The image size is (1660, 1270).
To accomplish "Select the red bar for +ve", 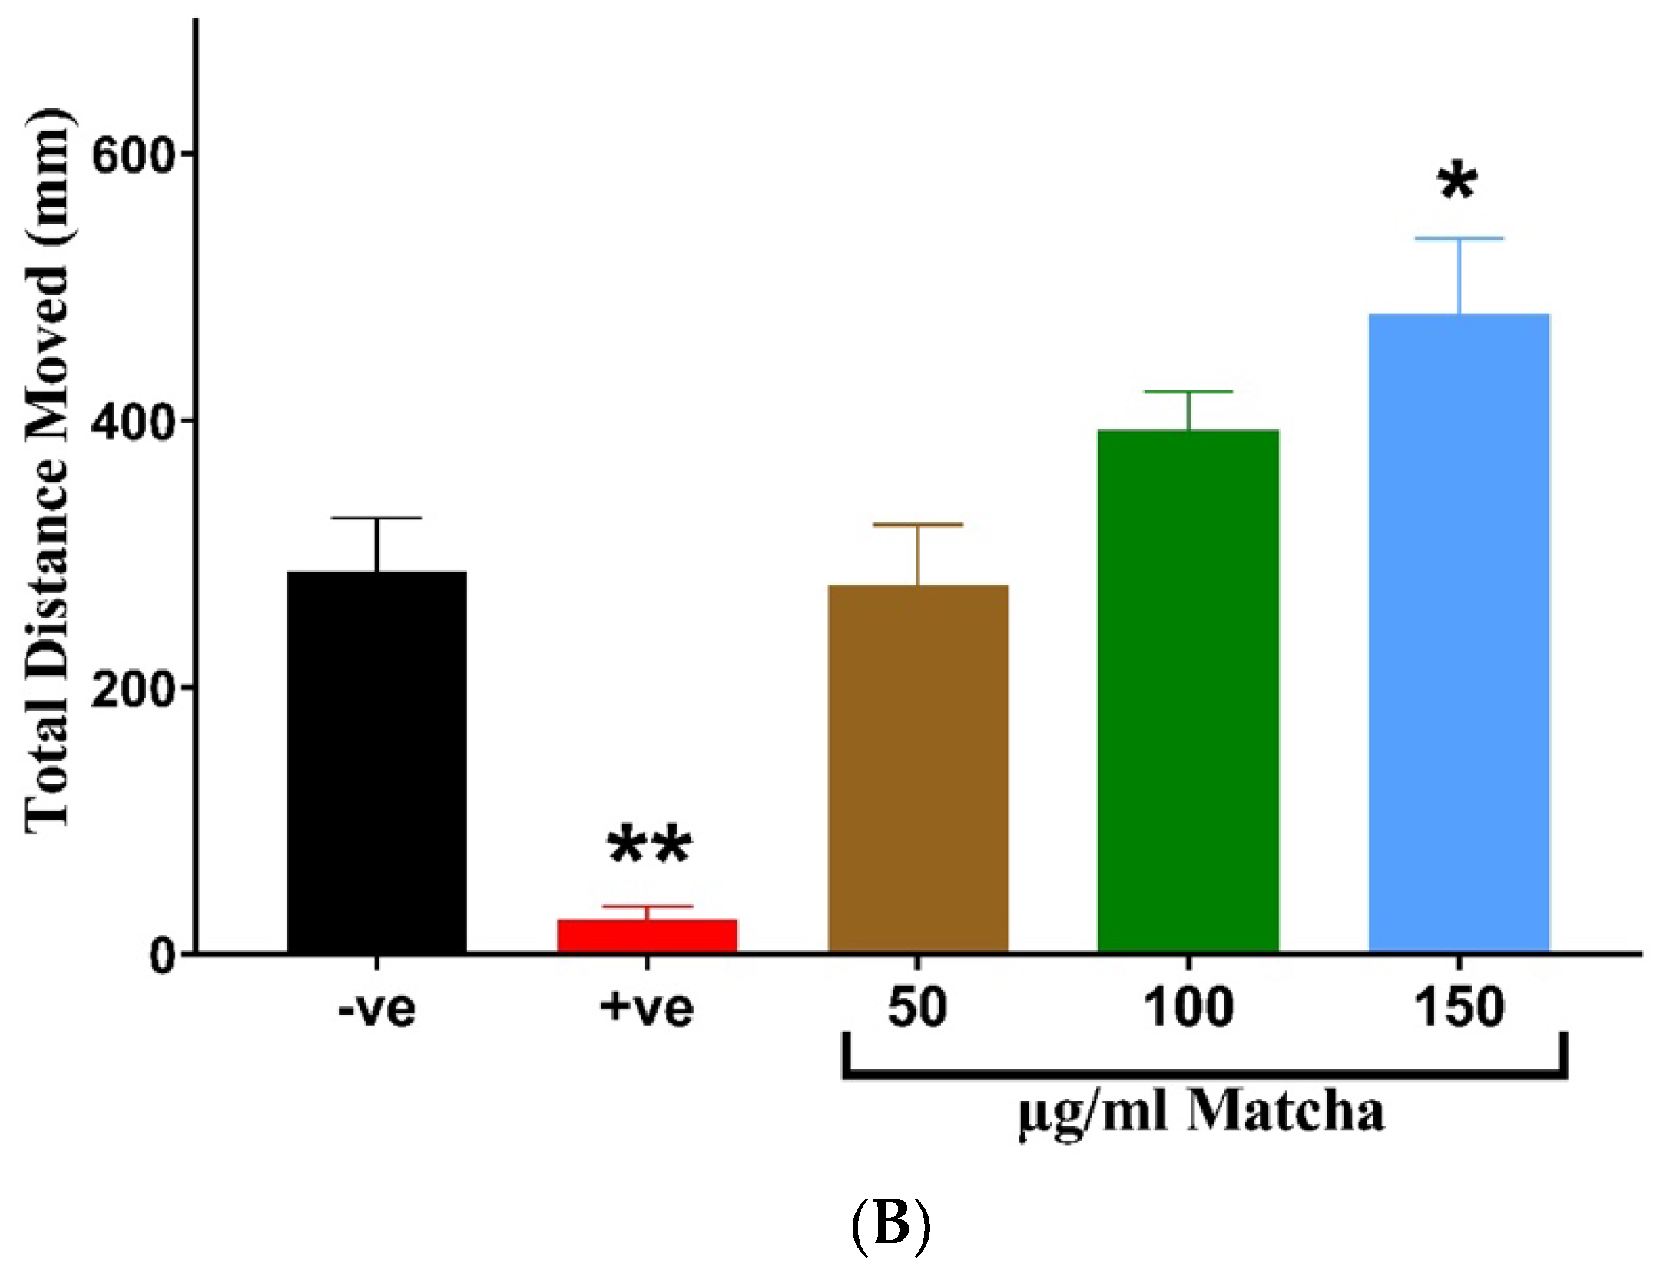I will (647, 935).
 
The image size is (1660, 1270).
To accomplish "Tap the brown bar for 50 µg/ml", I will (917, 768).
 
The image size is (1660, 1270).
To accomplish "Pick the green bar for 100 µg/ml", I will (1188, 691).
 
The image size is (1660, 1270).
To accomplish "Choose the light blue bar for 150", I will (1459, 633).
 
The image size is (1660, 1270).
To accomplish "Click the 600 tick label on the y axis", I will (129, 156).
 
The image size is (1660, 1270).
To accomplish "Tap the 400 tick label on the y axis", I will (129, 423).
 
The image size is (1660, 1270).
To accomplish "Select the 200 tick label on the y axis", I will (129, 689).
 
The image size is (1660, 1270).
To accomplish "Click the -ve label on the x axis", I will (376, 1009).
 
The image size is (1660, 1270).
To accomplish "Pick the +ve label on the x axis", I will (647, 1009).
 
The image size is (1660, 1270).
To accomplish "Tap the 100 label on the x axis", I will (1188, 1007).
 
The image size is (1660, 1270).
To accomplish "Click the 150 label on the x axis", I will (1459, 1007).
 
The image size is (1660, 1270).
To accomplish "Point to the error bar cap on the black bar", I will (376, 518).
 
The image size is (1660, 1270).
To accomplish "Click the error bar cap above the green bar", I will (1188, 392).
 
